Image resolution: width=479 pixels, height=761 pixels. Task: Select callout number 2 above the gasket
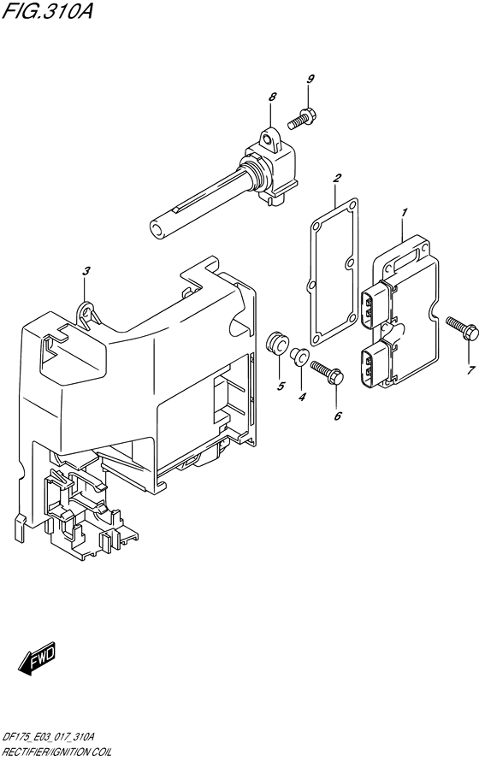pyautogui.click(x=337, y=178)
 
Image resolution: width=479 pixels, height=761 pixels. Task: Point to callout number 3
pyautogui.click(x=86, y=271)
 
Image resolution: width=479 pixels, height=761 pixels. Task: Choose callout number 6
pyautogui.click(x=337, y=415)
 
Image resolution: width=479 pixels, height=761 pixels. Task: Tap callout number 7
pyautogui.click(x=469, y=370)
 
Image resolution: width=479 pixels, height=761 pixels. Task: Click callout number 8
pyautogui.click(x=272, y=97)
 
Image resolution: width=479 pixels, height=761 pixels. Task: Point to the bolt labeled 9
pyautogui.click(x=302, y=119)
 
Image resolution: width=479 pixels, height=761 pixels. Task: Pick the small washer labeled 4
pyautogui.click(x=301, y=356)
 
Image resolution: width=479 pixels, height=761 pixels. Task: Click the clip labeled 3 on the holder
pyautogui.click(x=88, y=313)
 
